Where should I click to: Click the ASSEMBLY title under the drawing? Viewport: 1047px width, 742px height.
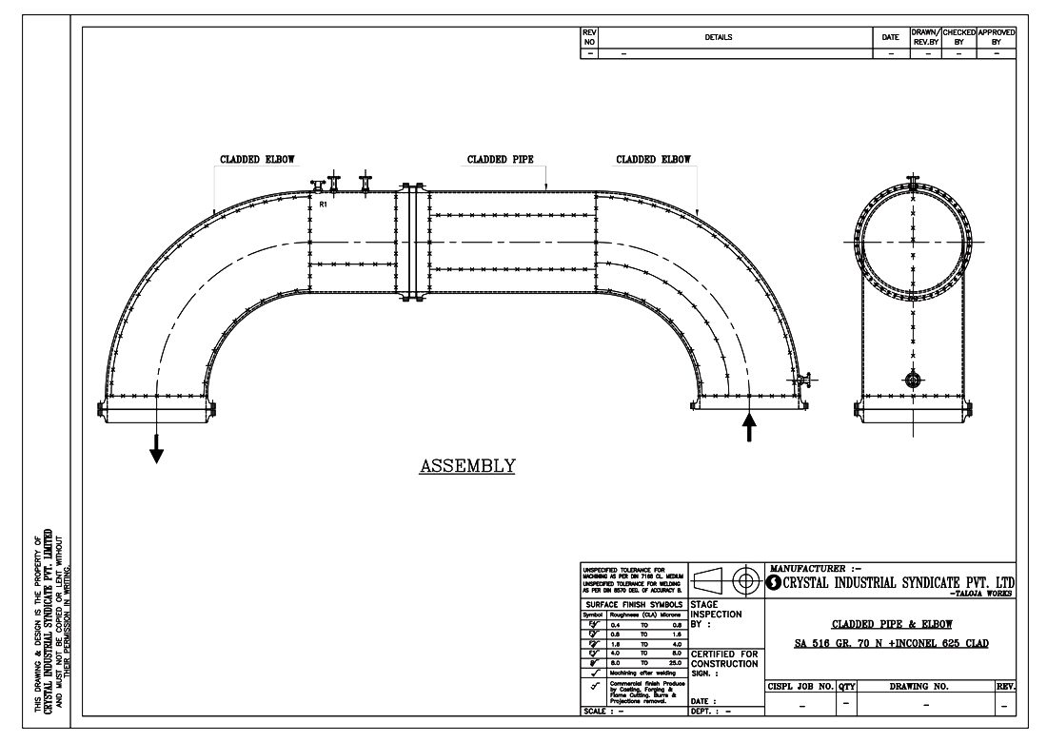pos(467,465)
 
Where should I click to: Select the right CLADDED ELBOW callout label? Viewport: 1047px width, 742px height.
pos(653,160)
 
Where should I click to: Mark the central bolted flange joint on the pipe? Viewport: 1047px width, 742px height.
pos(411,244)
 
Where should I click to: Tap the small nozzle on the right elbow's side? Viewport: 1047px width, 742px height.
pos(804,382)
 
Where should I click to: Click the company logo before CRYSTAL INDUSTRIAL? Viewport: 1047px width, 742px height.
pos(775,582)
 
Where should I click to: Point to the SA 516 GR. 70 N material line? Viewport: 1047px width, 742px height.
pos(891,644)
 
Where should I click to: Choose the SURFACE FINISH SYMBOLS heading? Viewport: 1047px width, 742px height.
pos(632,604)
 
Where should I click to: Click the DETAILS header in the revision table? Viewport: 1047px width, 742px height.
pos(719,37)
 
